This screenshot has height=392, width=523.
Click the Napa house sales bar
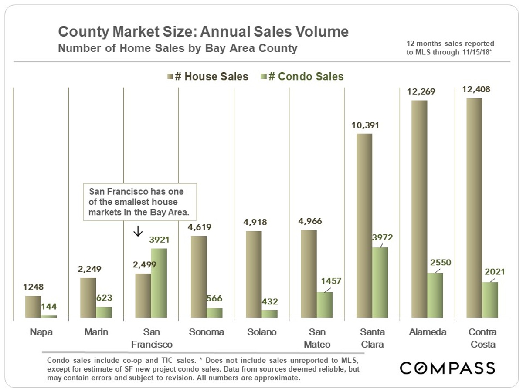coord(33,307)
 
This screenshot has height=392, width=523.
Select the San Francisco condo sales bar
coord(159,283)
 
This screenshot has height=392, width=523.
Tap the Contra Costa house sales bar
coord(474,208)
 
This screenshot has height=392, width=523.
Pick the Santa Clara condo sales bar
coord(380,283)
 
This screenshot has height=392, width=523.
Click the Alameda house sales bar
coord(419,209)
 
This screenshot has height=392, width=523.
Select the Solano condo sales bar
coord(269,314)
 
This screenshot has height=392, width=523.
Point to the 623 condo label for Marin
coord(104,298)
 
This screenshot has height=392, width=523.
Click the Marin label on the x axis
coord(96,332)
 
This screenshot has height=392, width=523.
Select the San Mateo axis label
coord(318,338)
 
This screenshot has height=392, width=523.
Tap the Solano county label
coord(262,332)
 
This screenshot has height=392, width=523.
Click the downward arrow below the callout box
coord(138,230)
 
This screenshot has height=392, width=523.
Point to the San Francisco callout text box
coord(139,202)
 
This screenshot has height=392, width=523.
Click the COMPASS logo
coord(447,368)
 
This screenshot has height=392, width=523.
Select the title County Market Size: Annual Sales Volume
coord(203,32)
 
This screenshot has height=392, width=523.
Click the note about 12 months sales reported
coord(450,47)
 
